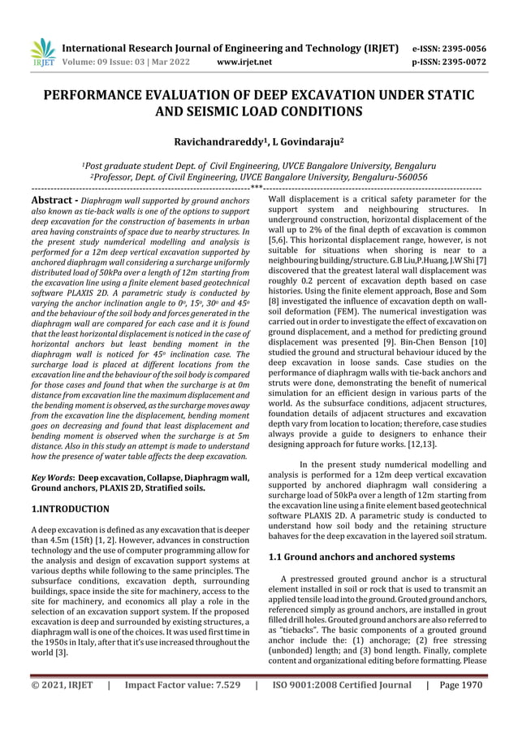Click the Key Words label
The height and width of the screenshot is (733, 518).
[50, 479]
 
